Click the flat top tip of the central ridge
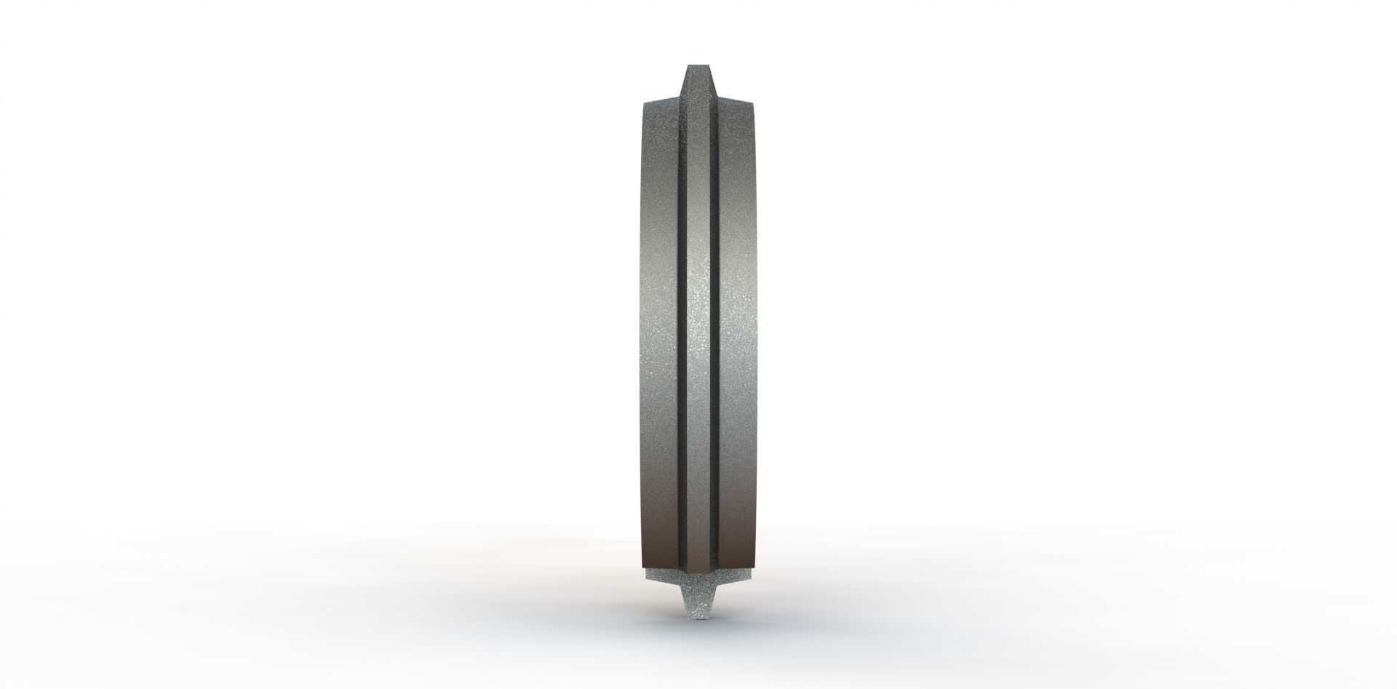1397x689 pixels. pyautogui.click(x=698, y=67)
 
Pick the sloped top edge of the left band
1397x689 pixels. pyautogui.click(x=661, y=99)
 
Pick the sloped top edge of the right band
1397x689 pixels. pyautogui.click(x=736, y=99)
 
